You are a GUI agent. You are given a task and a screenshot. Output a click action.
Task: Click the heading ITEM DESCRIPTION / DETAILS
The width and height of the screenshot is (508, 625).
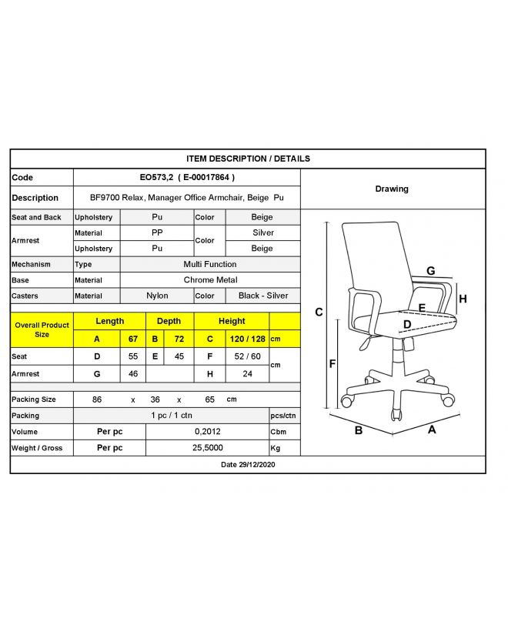pos(248,159)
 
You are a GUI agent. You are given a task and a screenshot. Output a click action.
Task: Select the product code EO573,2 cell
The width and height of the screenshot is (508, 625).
pos(186,177)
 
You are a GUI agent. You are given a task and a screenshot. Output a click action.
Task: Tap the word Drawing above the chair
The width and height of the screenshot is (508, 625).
pos(392,189)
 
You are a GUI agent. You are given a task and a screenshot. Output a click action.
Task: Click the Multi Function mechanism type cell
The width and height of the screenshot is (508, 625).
pos(209,264)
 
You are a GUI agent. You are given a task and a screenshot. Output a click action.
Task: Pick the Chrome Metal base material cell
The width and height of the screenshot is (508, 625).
pos(209,280)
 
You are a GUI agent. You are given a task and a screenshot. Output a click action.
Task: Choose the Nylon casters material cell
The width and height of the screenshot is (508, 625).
pos(157,296)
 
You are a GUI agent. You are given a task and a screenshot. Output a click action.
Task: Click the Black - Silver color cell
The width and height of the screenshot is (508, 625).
pos(262,296)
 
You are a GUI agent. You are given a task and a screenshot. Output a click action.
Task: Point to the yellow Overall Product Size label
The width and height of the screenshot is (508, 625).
pos(42,329)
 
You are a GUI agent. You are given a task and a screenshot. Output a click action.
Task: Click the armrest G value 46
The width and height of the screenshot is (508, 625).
pos(133,374)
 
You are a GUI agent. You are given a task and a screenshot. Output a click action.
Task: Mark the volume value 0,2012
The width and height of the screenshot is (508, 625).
pos(207,432)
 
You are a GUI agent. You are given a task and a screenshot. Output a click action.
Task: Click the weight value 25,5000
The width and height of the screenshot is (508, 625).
pos(207,448)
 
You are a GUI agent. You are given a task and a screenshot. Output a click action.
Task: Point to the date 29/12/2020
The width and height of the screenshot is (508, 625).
pos(248,465)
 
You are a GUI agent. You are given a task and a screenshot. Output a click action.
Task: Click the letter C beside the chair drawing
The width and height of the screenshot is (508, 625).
pos(319,312)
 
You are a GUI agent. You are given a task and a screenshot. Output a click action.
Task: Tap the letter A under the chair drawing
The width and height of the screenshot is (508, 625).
pos(432,429)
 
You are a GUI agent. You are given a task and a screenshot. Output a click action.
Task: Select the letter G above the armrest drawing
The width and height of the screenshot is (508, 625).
pos(431,271)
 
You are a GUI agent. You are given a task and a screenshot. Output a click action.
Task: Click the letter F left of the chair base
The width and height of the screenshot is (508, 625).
pos(332,364)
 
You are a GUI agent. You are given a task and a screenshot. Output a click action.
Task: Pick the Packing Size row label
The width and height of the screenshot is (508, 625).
pos(34,399)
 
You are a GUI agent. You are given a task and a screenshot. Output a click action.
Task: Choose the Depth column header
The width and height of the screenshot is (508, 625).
pos(169,321)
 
